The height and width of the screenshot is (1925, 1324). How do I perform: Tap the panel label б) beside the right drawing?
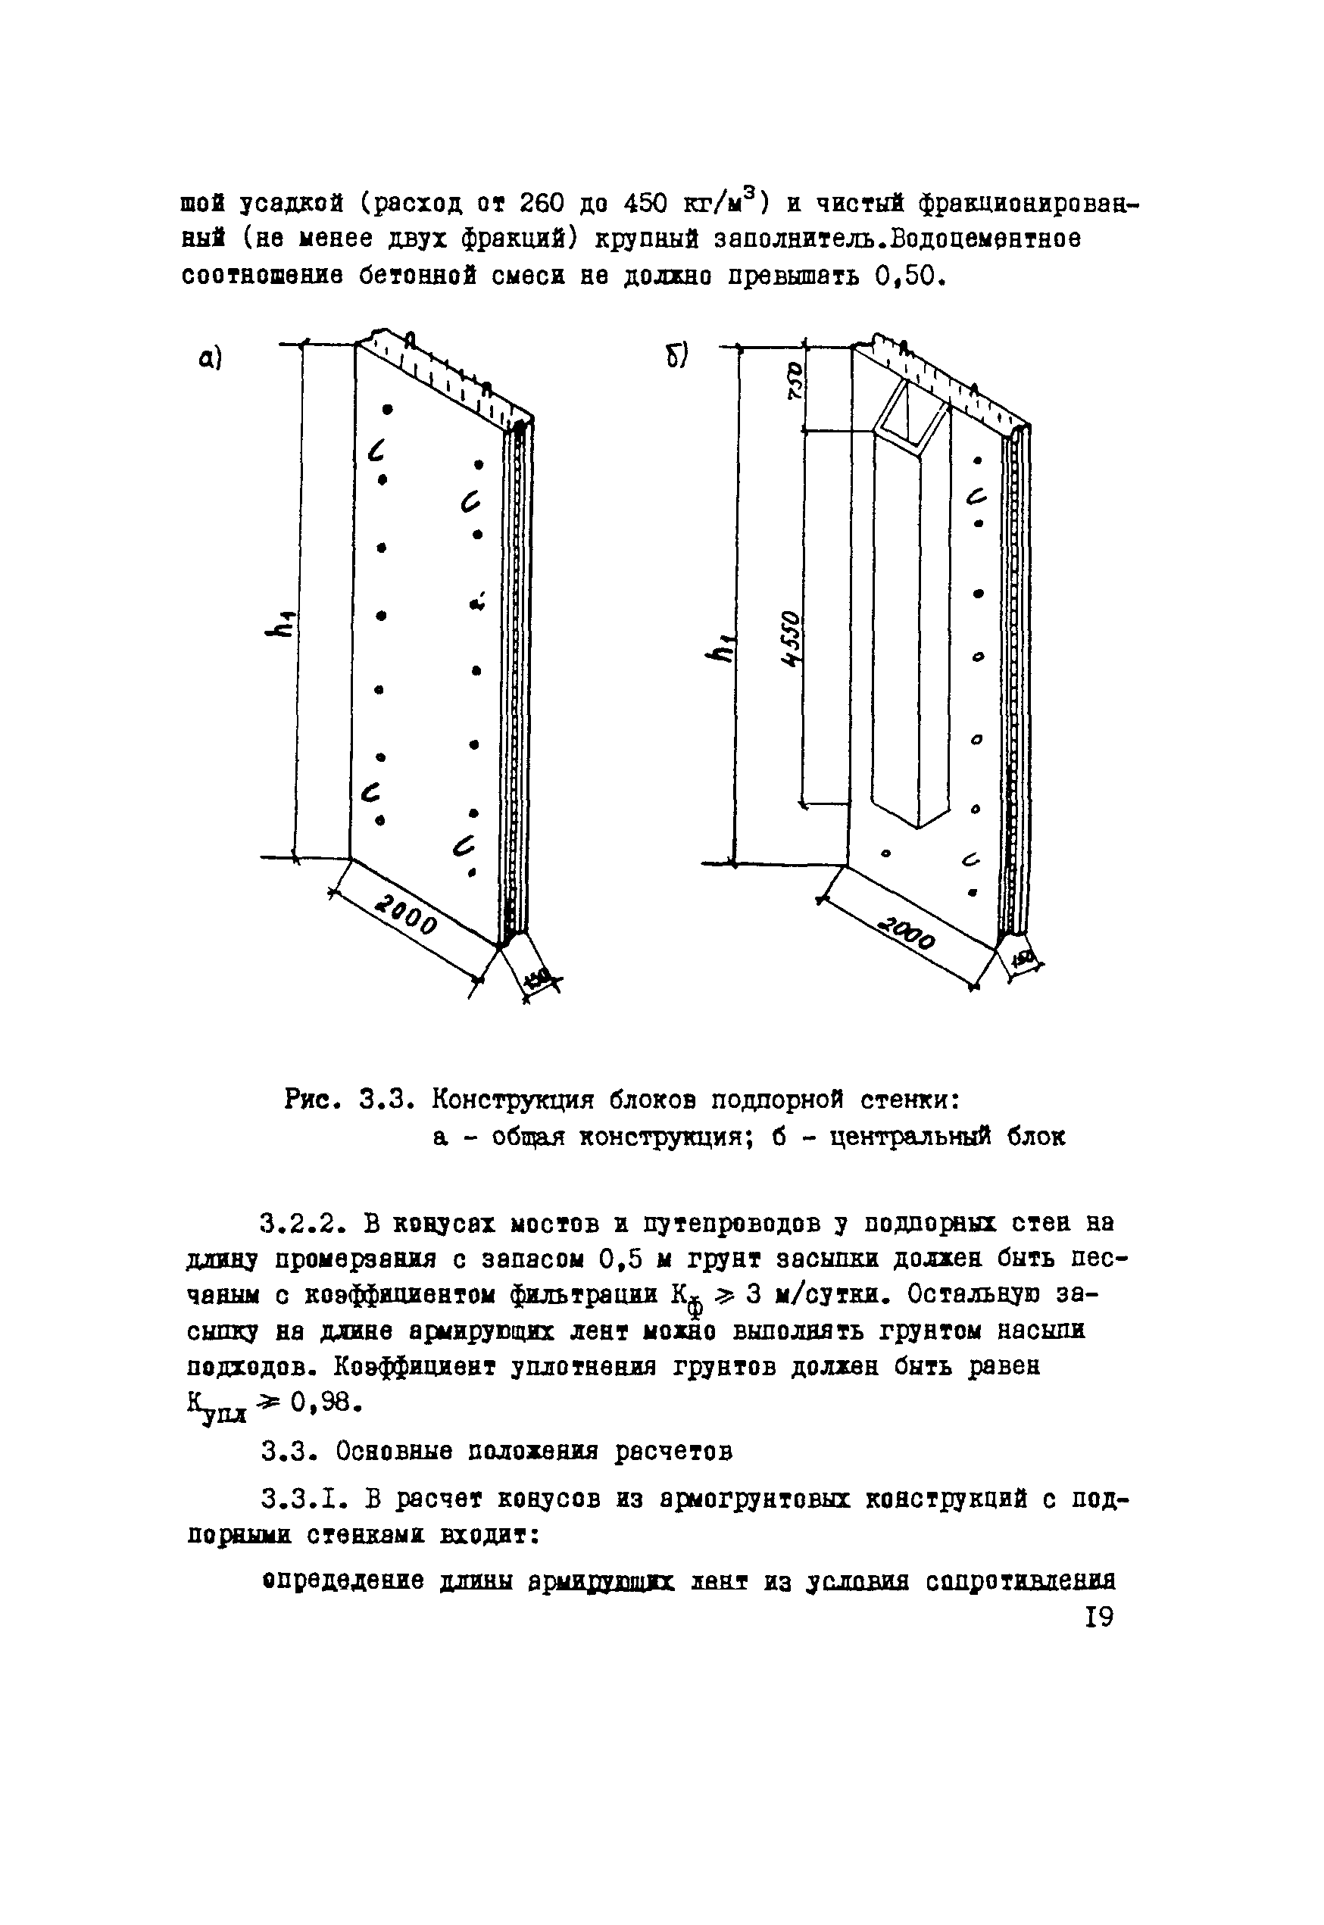676,356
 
